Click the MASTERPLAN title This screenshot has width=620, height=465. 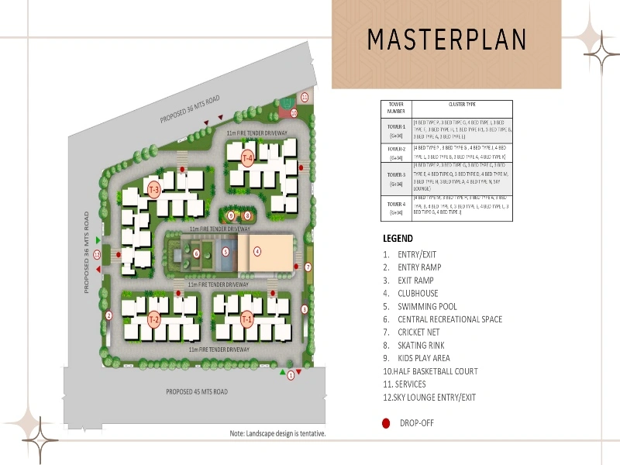point(447,39)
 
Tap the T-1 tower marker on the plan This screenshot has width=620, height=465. point(246,319)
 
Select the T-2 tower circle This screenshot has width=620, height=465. point(154,319)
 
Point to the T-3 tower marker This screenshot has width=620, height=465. point(153,190)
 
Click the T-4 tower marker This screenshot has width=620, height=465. point(247,159)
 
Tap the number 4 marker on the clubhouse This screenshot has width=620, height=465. point(257,251)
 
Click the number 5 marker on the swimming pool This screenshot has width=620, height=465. point(226,252)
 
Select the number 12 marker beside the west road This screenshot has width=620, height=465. point(98,254)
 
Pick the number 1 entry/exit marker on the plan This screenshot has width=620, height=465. point(291,375)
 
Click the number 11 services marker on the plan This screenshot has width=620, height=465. point(305,97)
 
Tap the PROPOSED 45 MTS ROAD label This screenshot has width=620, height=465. point(197,392)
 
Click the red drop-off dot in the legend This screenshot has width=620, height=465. point(386,423)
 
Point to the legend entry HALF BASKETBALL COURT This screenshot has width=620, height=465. point(430,371)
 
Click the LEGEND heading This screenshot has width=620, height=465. point(398,239)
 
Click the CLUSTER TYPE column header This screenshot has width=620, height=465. point(462,104)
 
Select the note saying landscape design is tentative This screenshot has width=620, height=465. point(277,433)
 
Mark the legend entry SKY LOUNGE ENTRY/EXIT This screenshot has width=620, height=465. point(429,398)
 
